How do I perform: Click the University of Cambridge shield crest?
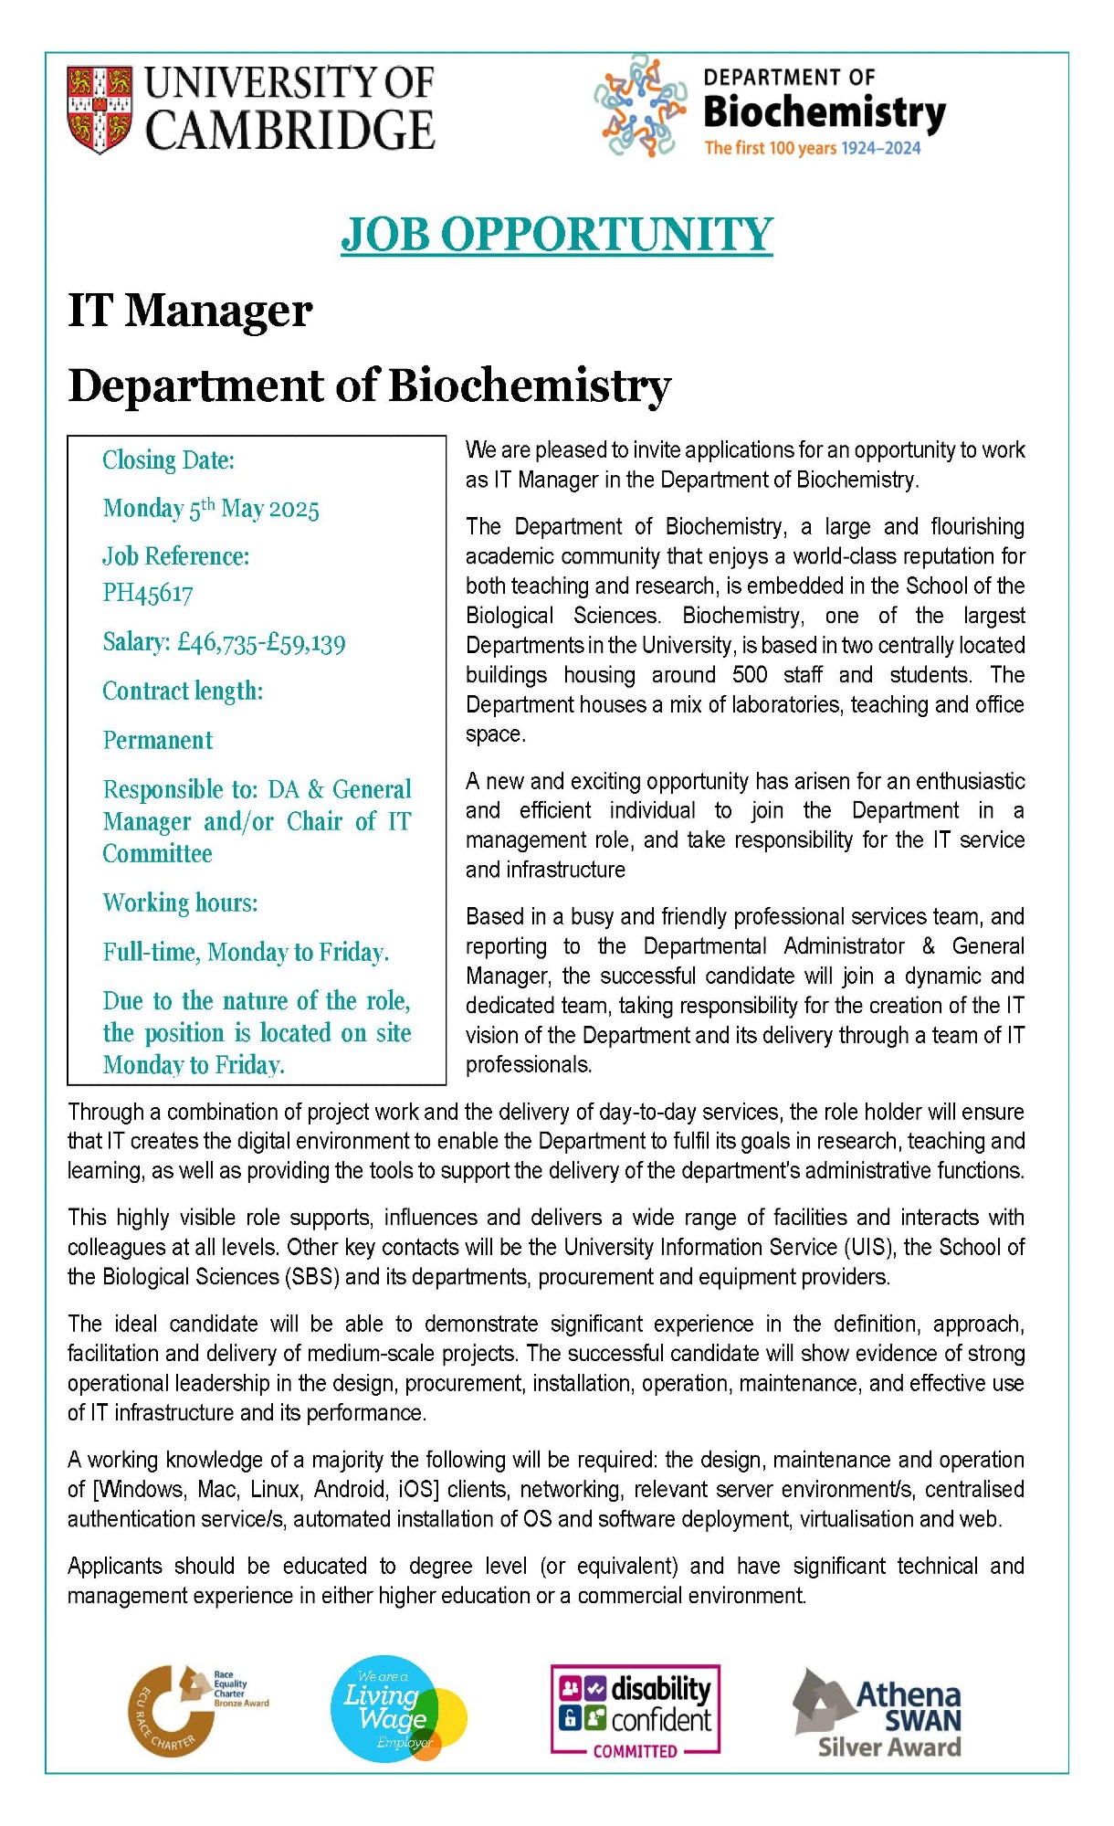[99, 109]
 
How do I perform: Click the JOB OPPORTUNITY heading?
[557, 235]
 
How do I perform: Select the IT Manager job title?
[190, 311]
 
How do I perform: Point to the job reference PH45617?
[148, 594]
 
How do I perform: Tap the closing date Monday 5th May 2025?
[211, 509]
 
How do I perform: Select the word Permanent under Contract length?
[158, 741]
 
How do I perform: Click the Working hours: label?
[180, 903]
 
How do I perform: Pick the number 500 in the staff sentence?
[750, 675]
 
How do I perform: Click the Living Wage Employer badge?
[396, 1708]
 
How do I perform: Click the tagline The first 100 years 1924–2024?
[812, 149]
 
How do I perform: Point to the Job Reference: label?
[175, 556]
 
